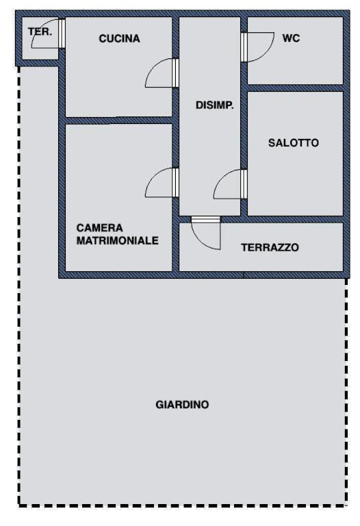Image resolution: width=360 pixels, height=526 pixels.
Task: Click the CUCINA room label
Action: pyautogui.click(x=119, y=38)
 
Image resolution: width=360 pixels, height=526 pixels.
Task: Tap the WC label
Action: pyautogui.click(x=291, y=38)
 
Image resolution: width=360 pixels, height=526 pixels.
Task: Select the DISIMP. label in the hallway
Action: pyautogui.click(x=214, y=105)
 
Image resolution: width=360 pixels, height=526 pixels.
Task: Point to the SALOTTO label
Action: pyautogui.click(x=294, y=143)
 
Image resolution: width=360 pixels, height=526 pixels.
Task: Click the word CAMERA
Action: pyautogui.click(x=99, y=228)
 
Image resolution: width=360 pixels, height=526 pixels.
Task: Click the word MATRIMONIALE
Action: pyautogui.click(x=117, y=240)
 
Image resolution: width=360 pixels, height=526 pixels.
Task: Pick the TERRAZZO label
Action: pyautogui.click(x=270, y=247)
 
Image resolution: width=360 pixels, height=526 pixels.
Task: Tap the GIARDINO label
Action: pyautogui.click(x=182, y=405)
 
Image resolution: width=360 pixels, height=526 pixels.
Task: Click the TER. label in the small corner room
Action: pyautogui.click(x=40, y=32)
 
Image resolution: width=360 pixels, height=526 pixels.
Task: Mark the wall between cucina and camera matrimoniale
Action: pyautogui.click(x=118, y=121)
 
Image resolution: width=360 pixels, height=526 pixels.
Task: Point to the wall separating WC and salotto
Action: pyautogui.click(x=295, y=88)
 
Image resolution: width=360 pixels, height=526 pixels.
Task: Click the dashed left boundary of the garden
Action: pyautogui.click(x=18, y=285)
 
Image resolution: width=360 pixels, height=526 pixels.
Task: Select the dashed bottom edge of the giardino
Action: pyautogui.click(x=183, y=505)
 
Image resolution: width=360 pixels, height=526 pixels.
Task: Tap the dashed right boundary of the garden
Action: pyautogui.click(x=346, y=391)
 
